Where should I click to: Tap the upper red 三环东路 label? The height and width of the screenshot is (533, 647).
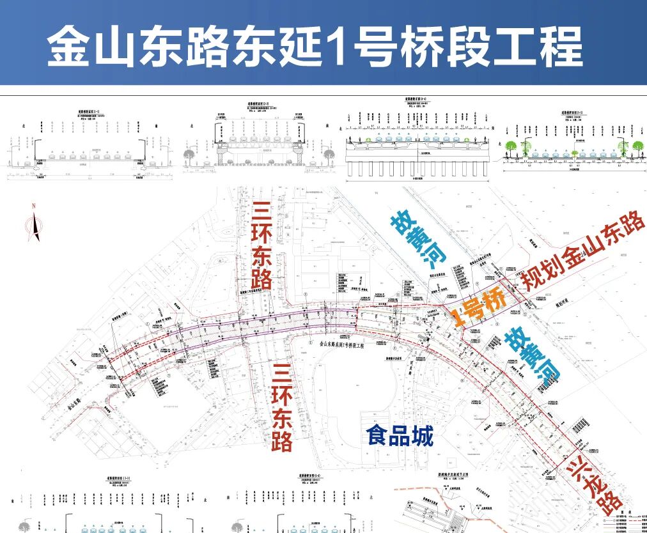(x=262, y=246)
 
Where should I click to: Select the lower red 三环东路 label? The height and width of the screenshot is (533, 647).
(x=282, y=406)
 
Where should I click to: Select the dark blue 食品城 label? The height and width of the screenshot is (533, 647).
(x=400, y=436)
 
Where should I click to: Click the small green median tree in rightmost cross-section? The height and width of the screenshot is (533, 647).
(x=574, y=153)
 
